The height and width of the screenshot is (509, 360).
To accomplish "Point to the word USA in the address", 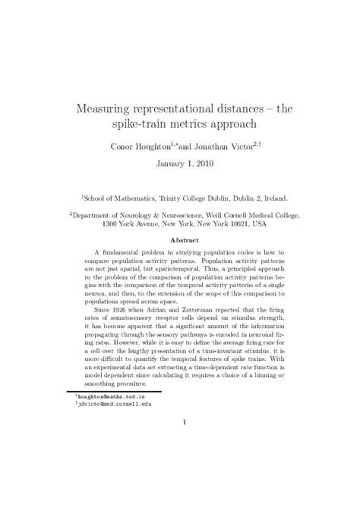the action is pos(259,225).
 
